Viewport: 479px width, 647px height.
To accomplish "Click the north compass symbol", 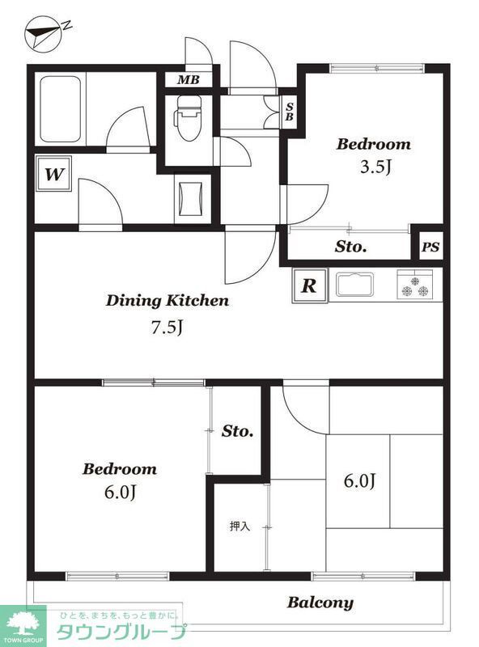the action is pyautogui.click(x=45, y=33).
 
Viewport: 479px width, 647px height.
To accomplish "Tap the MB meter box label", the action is pyautogui.click(x=189, y=80).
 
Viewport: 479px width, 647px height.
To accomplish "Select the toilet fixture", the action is pyautogui.click(x=189, y=118).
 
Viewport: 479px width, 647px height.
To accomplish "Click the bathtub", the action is pyautogui.click(x=60, y=109).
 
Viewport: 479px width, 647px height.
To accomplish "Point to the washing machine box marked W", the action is pyautogui.click(x=53, y=173).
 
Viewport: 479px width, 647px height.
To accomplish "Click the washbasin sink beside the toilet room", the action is pyautogui.click(x=192, y=198).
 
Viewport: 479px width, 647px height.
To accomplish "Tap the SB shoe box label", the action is pyautogui.click(x=290, y=112).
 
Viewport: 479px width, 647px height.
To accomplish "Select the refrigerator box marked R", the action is pyautogui.click(x=309, y=285).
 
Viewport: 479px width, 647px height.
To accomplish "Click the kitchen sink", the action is pyautogui.click(x=354, y=285).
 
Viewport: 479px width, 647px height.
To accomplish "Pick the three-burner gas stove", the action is pyautogui.click(x=414, y=285).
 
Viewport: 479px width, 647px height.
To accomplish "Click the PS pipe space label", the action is pyautogui.click(x=430, y=247).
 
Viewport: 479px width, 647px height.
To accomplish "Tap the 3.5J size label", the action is pyautogui.click(x=375, y=167).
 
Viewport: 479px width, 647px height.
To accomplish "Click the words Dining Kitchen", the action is pyautogui.click(x=167, y=300).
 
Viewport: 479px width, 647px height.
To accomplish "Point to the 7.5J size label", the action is pyautogui.click(x=167, y=328).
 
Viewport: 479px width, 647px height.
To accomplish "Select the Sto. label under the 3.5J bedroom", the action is pyautogui.click(x=350, y=247).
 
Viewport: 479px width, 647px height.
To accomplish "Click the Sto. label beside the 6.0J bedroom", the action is pyautogui.click(x=237, y=431).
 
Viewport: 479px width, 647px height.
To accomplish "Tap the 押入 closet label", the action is pyautogui.click(x=240, y=526).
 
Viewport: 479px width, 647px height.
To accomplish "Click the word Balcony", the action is pyautogui.click(x=320, y=603).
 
